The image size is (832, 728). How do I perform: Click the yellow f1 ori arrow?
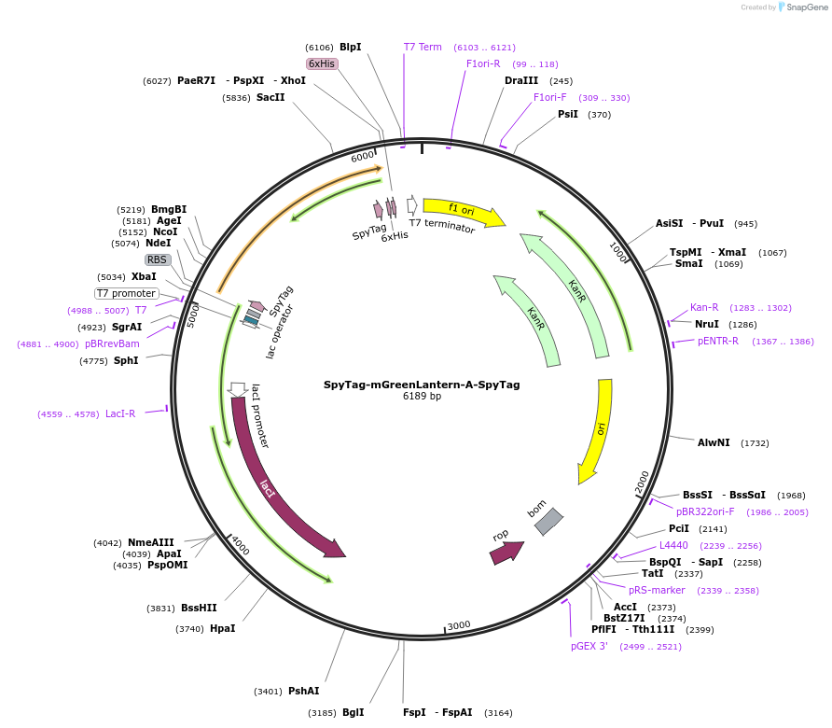click(x=463, y=211)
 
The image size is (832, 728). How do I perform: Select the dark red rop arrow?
click(x=506, y=553)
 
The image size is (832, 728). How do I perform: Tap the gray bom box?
click(x=548, y=522)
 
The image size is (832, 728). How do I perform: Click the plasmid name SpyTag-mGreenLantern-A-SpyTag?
click(x=422, y=385)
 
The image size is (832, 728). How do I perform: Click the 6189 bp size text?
click(x=422, y=396)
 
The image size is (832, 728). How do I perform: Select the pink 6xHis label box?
click(x=322, y=63)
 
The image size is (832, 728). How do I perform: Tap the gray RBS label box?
click(x=158, y=259)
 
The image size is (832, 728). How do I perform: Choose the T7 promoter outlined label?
click(x=126, y=293)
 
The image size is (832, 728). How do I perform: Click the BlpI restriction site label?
click(x=350, y=47)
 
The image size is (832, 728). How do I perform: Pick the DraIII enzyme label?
click(x=521, y=80)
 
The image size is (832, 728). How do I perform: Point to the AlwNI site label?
click(x=714, y=442)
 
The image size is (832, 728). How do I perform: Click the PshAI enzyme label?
click(x=303, y=691)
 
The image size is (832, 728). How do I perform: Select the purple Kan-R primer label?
click(x=704, y=307)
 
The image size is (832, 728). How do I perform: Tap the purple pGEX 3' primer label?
click(x=589, y=646)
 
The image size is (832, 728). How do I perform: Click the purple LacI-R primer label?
click(x=120, y=413)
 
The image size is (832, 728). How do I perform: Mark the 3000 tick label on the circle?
click(x=459, y=625)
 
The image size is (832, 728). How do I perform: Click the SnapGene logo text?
click(x=807, y=7)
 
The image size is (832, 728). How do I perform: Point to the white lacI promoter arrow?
click(x=237, y=389)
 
